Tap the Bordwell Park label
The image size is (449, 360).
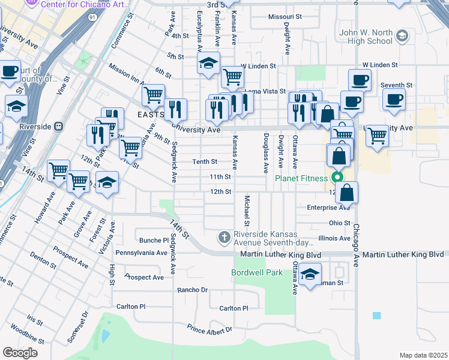(x=257, y=272)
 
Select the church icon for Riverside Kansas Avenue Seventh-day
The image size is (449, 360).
(x=224, y=238)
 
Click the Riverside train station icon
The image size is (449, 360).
(x=59, y=127)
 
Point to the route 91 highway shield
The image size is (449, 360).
(x=91, y=18)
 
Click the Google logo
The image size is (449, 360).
(x=20, y=353)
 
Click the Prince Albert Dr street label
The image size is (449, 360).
(x=209, y=329)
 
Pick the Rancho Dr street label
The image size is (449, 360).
(x=192, y=290)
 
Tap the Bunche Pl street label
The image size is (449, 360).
(x=154, y=240)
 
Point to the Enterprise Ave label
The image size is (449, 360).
(x=328, y=208)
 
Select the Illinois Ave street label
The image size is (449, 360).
(x=334, y=238)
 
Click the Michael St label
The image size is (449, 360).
(x=246, y=207)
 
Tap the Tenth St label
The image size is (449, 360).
(x=204, y=161)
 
